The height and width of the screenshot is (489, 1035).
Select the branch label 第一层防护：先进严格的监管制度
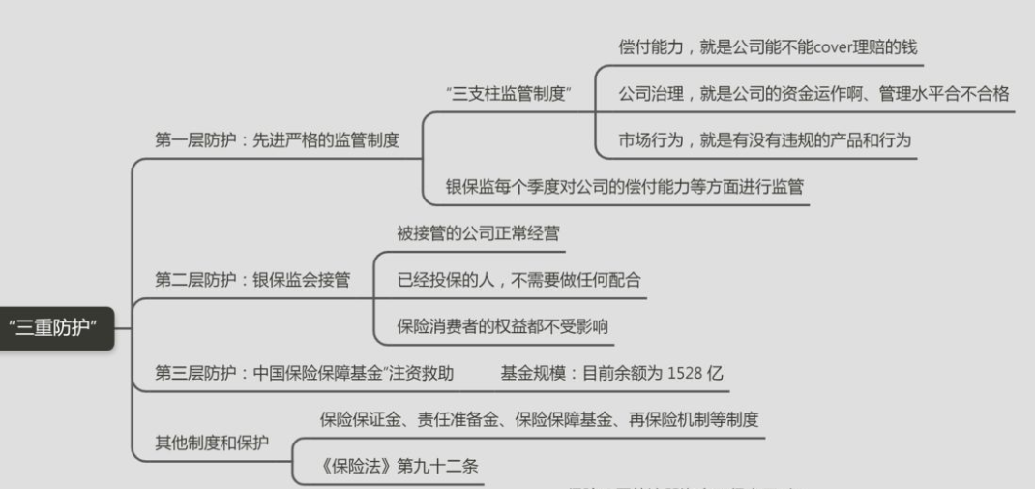pyautogui.click(x=277, y=139)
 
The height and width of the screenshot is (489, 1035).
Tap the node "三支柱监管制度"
pyautogui.click(x=509, y=93)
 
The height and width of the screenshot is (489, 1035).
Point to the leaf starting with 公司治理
pyautogui.click(x=813, y=93)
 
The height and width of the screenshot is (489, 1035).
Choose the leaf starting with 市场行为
pyautogui.click(x=764, y=139)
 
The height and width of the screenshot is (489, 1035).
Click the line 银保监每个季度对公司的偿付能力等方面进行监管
pyautogui.click(x=624, y=186)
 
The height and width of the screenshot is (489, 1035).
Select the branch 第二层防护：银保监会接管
pyautogui.click(x=252, y=279)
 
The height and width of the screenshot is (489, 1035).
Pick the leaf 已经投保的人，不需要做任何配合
pyautogui.click(x=518, y=279)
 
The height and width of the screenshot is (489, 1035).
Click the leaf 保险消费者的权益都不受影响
pyautogui.click(x=502, y=325)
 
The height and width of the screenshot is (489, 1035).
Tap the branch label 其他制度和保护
pyautogui.click(x=212, y=443)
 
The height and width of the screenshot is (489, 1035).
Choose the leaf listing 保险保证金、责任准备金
pyautogui.click(x=539, y=419)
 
